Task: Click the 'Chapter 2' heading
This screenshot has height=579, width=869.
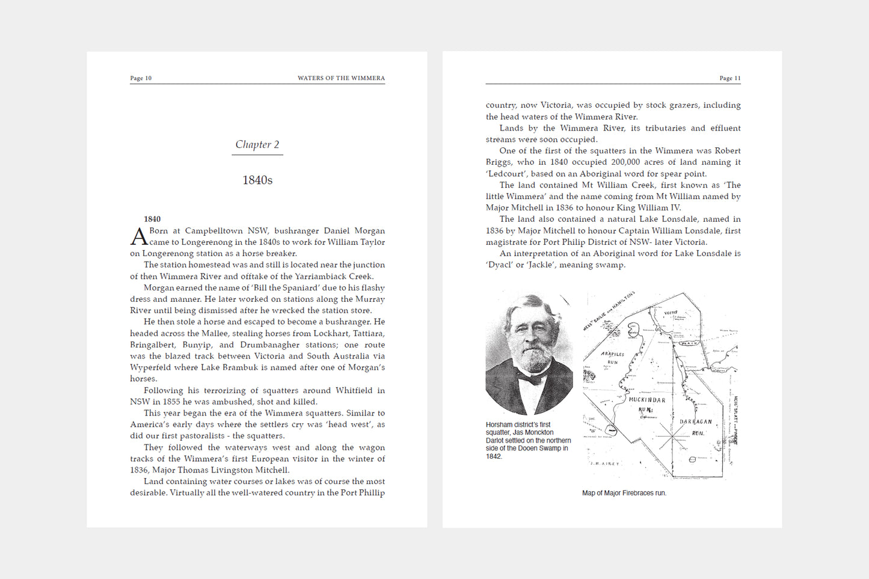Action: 257,144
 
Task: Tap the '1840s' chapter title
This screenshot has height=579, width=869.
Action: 257,180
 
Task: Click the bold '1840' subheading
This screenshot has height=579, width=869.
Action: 152,219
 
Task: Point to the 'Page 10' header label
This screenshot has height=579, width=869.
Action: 141,78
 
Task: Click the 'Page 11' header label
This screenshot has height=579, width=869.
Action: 730,78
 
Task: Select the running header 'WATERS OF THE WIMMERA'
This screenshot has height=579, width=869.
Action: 341,78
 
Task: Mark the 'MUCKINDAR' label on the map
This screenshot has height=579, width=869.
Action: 647,400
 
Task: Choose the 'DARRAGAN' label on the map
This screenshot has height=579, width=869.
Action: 696,421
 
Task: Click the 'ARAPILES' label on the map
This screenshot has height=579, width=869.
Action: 613,355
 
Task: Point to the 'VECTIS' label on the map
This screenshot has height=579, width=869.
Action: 671,313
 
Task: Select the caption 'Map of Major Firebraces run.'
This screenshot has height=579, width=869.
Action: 624,493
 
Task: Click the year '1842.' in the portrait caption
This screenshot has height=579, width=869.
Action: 494,456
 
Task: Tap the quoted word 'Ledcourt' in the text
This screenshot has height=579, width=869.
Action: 506,174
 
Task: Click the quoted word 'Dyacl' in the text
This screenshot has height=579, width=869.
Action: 499,265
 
